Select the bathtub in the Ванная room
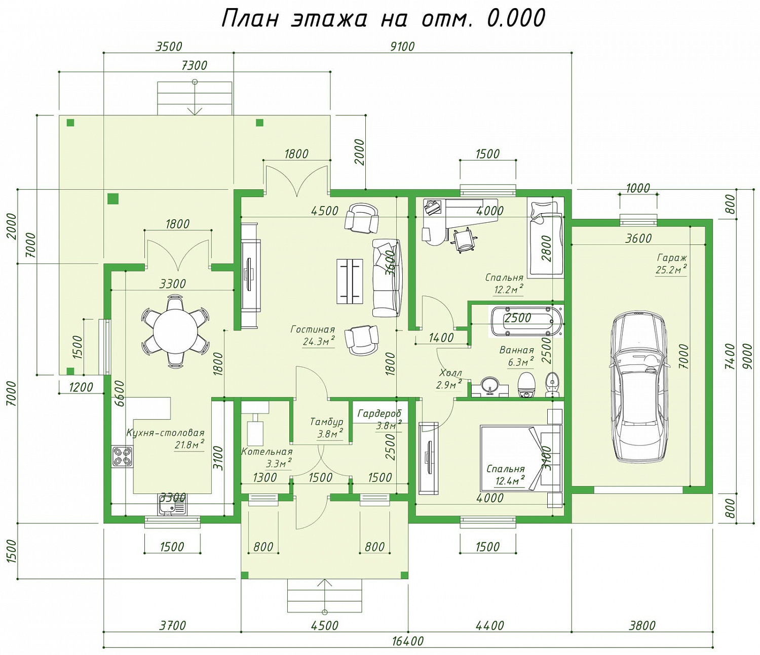tap(526, 321)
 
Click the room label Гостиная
tap(313, 329)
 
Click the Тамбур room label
tap(326, 422)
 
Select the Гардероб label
tap(379, 414)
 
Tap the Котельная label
tap(267, 452)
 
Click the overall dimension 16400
tap(408, 641)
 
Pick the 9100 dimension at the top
tap(402, 47)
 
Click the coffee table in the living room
tap(350, 281)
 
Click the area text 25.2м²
tap(671, 270)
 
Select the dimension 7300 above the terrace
tap(195, 65)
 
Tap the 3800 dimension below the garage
tap(642, 625)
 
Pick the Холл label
tap(450, 373)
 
